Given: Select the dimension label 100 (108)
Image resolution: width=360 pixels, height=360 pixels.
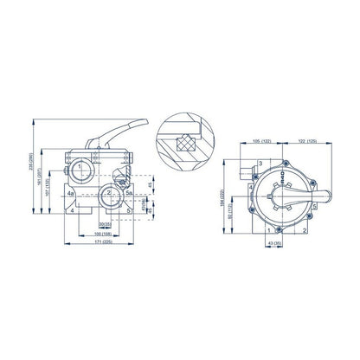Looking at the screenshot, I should tap(103, 233).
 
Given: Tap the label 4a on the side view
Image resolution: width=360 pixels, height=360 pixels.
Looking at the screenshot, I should tap(70, 195).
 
